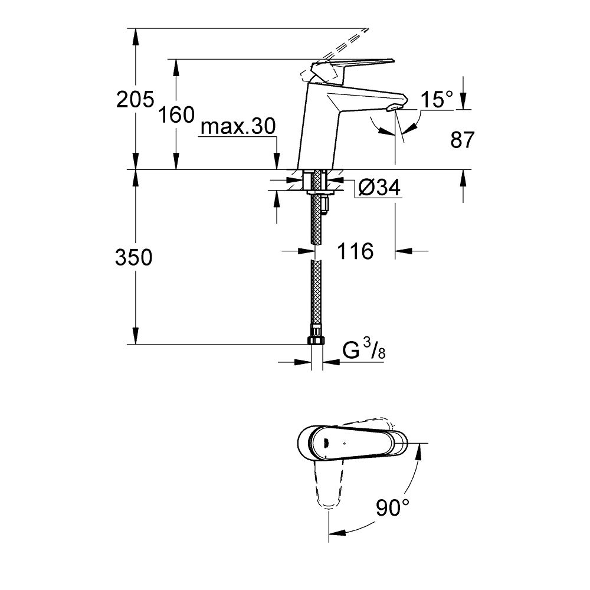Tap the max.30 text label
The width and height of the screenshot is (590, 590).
tap(238, 127)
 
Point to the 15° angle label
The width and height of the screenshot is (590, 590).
tap(436, 100)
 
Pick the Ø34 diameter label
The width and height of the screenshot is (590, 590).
tap(379, 188)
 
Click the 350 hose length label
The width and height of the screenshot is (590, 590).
tap(135, 257)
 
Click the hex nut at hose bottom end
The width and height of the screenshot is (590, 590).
tap(316, 342)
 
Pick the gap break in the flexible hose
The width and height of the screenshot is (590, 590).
tap(317, 252)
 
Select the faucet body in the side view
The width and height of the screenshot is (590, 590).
tap(322, 124)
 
